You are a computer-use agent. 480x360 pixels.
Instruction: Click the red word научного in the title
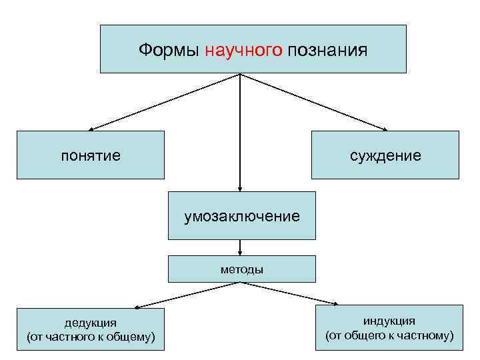[244, 49]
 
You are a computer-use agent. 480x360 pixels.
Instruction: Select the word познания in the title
[328, 49]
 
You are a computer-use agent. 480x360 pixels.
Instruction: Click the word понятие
[91, 156]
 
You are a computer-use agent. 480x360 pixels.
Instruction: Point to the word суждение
[386, 156]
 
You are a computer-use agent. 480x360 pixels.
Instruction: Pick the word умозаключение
[242, 216]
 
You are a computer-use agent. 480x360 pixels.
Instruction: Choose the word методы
[242, 270]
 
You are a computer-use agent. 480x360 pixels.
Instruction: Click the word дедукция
[90, 323]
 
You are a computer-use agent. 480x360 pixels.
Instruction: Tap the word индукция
[389, 321]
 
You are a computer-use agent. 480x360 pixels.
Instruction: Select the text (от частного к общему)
[90, 337]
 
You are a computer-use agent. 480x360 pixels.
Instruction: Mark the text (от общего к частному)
[389, 335]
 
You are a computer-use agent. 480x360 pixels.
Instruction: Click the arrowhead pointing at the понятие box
[92, 129]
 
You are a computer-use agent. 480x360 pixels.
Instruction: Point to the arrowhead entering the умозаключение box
[240, 189]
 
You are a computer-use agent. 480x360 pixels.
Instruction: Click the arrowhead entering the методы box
[240, 252]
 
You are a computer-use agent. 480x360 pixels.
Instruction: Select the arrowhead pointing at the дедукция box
[135, 307]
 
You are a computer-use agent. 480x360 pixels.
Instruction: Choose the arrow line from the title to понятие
[167, 101]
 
